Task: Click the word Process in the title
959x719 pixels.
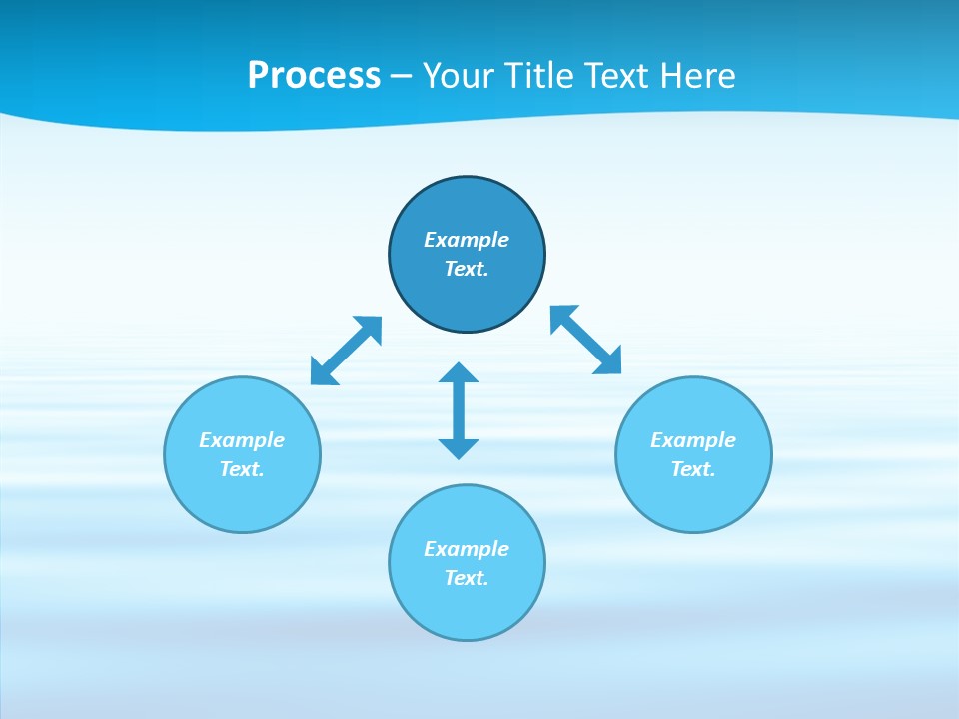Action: point(314,76)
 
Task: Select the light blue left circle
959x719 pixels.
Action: point(242,499)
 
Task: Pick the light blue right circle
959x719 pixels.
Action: point(693,499)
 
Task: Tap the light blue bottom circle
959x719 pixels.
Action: point(467,609)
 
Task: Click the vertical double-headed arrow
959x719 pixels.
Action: point(459,410)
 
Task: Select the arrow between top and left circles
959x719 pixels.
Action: point(346,351)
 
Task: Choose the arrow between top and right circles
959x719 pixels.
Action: point(585,340)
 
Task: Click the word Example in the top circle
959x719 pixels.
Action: point(467,240)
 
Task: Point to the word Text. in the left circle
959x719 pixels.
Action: point(242,469)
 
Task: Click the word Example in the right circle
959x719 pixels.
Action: point(693,440)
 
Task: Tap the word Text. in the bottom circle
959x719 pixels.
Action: point(467,578)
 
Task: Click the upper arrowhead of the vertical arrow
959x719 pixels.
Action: point(459,374)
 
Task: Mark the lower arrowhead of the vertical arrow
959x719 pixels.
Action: point(459,447)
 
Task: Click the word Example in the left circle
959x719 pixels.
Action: point(242,440)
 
